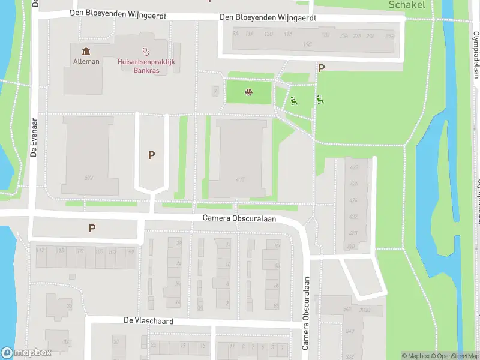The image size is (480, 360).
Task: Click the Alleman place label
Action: tap(86, 61)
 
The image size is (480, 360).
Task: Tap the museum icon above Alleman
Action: tap(86, 51)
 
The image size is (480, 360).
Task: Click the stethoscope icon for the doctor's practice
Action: tap(145, 52)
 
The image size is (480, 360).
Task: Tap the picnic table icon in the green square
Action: tap(248, 92)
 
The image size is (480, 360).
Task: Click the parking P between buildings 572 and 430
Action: tap(152, 155)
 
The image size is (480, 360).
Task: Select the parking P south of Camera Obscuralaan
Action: tap(92, 228)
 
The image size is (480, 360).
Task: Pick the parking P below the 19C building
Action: tap(321, 68)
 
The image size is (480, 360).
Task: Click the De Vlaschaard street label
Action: tap(148, 322)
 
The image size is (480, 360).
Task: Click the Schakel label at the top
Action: tap(407, 5)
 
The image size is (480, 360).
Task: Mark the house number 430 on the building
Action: tap(241, 179)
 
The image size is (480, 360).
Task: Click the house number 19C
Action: tap(307, 44)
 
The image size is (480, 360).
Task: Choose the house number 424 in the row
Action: tap(353, 200)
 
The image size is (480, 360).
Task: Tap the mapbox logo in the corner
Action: tap(26, 353)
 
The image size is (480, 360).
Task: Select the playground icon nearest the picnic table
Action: tap(293, 100)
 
